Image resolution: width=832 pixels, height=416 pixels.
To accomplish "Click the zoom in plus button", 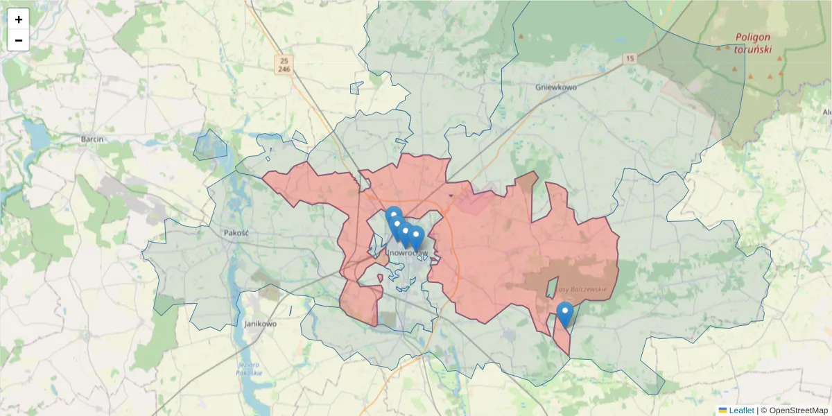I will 19,19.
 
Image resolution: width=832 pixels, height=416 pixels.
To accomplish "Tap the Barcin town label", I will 92,139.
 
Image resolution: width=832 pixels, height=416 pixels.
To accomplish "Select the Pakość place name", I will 236,233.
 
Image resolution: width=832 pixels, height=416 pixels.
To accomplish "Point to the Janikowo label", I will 261,323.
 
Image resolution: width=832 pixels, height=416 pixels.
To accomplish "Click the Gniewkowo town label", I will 556,87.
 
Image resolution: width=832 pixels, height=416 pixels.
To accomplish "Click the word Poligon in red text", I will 753,37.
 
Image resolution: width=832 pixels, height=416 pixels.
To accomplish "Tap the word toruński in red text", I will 752,50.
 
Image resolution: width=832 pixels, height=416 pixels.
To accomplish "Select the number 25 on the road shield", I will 284,60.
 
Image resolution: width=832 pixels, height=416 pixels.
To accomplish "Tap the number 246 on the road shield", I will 284,69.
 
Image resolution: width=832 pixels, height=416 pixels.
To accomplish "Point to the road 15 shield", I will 629,59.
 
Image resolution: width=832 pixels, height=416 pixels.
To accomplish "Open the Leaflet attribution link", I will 741,410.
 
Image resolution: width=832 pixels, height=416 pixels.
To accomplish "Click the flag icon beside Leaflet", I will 722,410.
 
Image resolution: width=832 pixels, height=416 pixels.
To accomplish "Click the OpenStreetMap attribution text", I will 795,410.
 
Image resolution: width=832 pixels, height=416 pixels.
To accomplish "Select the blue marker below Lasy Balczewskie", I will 565,313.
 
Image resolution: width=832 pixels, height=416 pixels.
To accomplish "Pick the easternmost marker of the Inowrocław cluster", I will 416,236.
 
